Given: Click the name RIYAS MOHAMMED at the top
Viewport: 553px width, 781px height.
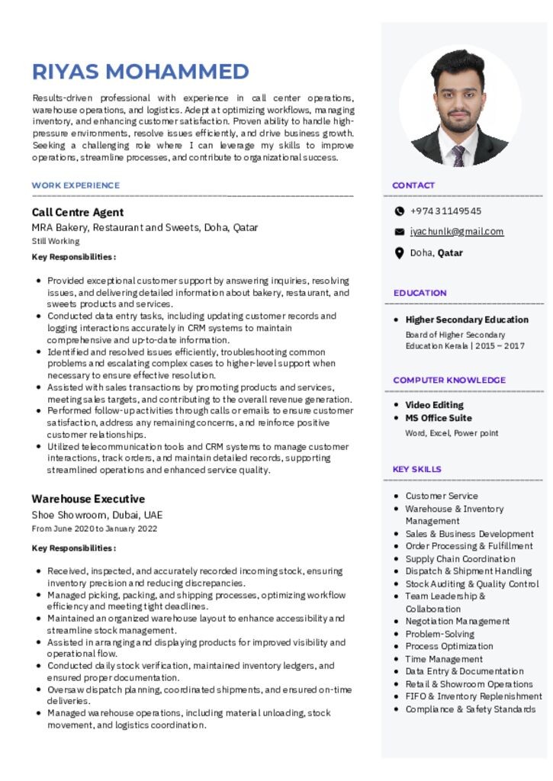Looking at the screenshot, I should (x=140, y=72).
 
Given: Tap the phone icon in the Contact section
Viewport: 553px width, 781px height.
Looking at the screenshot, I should (x=399, y=211).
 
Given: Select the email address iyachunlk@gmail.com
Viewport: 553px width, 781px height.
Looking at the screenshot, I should (x=456, y=232).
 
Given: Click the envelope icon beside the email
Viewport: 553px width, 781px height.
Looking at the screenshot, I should (x=399, y=232).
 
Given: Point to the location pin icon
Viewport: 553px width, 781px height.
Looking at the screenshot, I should (x=399, y=253).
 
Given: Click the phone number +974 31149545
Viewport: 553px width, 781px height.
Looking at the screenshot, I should (x=445, y=211).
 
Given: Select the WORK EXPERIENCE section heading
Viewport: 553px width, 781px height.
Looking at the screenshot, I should (x=76, y=185).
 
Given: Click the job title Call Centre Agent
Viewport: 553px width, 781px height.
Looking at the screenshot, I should (x=77, y=212).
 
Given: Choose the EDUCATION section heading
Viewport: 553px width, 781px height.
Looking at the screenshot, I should (x=420, y=293).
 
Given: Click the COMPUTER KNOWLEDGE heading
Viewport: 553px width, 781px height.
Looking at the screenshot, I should (x=449, y=380).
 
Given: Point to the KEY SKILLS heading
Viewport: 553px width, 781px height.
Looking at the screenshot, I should (x=416, y=469).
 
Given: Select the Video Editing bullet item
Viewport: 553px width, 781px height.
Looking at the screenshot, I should (x=434, y=405).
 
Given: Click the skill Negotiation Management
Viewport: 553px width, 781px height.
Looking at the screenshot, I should (x=457, y=622).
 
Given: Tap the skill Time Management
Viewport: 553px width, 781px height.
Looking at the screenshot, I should (x=444, y=659).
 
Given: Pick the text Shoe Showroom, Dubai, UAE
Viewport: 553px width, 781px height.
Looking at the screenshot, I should (x=97, y=515).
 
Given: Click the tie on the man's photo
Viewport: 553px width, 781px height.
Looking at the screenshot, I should (x=458, y=156).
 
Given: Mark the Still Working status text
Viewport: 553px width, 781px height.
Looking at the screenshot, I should (x=55, y=241).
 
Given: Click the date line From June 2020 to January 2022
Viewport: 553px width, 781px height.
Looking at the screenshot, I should (x=95, y=529).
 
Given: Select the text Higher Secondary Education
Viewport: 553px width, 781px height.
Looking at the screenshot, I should (x=467, y=320).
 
